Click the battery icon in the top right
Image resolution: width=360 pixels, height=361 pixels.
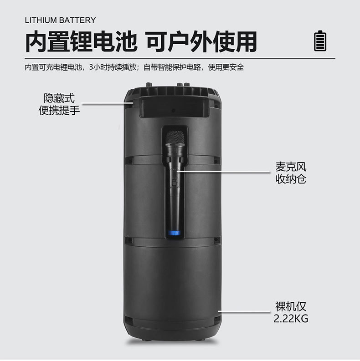pyautogui.click(x=321, y=41)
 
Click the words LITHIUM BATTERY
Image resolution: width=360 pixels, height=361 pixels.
pyautogui.click(x=60, y=20)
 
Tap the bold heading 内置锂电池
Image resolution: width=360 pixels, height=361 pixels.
pyautogui.click(x=81, y=41)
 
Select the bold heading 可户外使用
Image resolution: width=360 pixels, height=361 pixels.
pyautogui.click(x=201, y=41)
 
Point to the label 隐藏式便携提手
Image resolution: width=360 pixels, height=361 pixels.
pyautogui.click(x=59, y=104)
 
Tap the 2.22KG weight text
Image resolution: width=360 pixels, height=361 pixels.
pyautogui.click(x=291, y=319)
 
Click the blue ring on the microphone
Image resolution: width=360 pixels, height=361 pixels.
pyautogui.click(x=175, y=234)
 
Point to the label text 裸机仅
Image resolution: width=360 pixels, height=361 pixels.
pyautogui.click(x=291, y=306)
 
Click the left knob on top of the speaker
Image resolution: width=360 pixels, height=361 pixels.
pyautogui.click(x=148, y=85)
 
